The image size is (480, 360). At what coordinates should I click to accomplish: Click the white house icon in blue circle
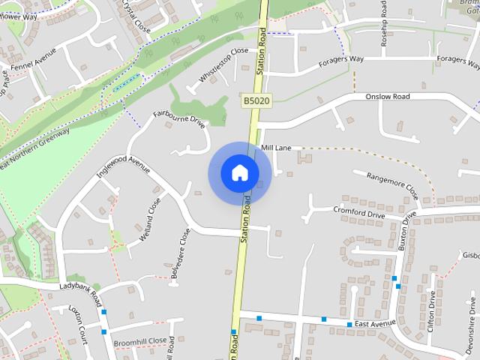239,173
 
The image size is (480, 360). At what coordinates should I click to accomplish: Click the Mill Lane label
276,148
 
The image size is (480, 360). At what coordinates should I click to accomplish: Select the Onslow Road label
388,97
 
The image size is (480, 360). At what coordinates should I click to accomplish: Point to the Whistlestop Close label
223,65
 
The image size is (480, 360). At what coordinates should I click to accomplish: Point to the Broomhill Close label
139,340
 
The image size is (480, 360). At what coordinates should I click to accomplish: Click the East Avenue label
375,323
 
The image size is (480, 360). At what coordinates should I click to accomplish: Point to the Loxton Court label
79,324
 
